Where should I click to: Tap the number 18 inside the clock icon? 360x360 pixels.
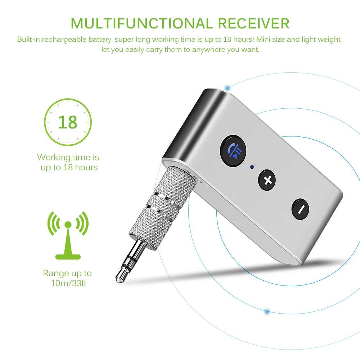pos(68,122)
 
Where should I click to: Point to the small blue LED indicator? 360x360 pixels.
pos(252,167)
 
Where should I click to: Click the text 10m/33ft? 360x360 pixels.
pos(68,283)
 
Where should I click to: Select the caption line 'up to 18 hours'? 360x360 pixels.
pos(69,167)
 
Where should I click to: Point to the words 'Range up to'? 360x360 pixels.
pos(67,273)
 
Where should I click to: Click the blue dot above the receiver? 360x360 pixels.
pos(227,87)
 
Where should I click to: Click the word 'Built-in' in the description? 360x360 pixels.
pos(28,39)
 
